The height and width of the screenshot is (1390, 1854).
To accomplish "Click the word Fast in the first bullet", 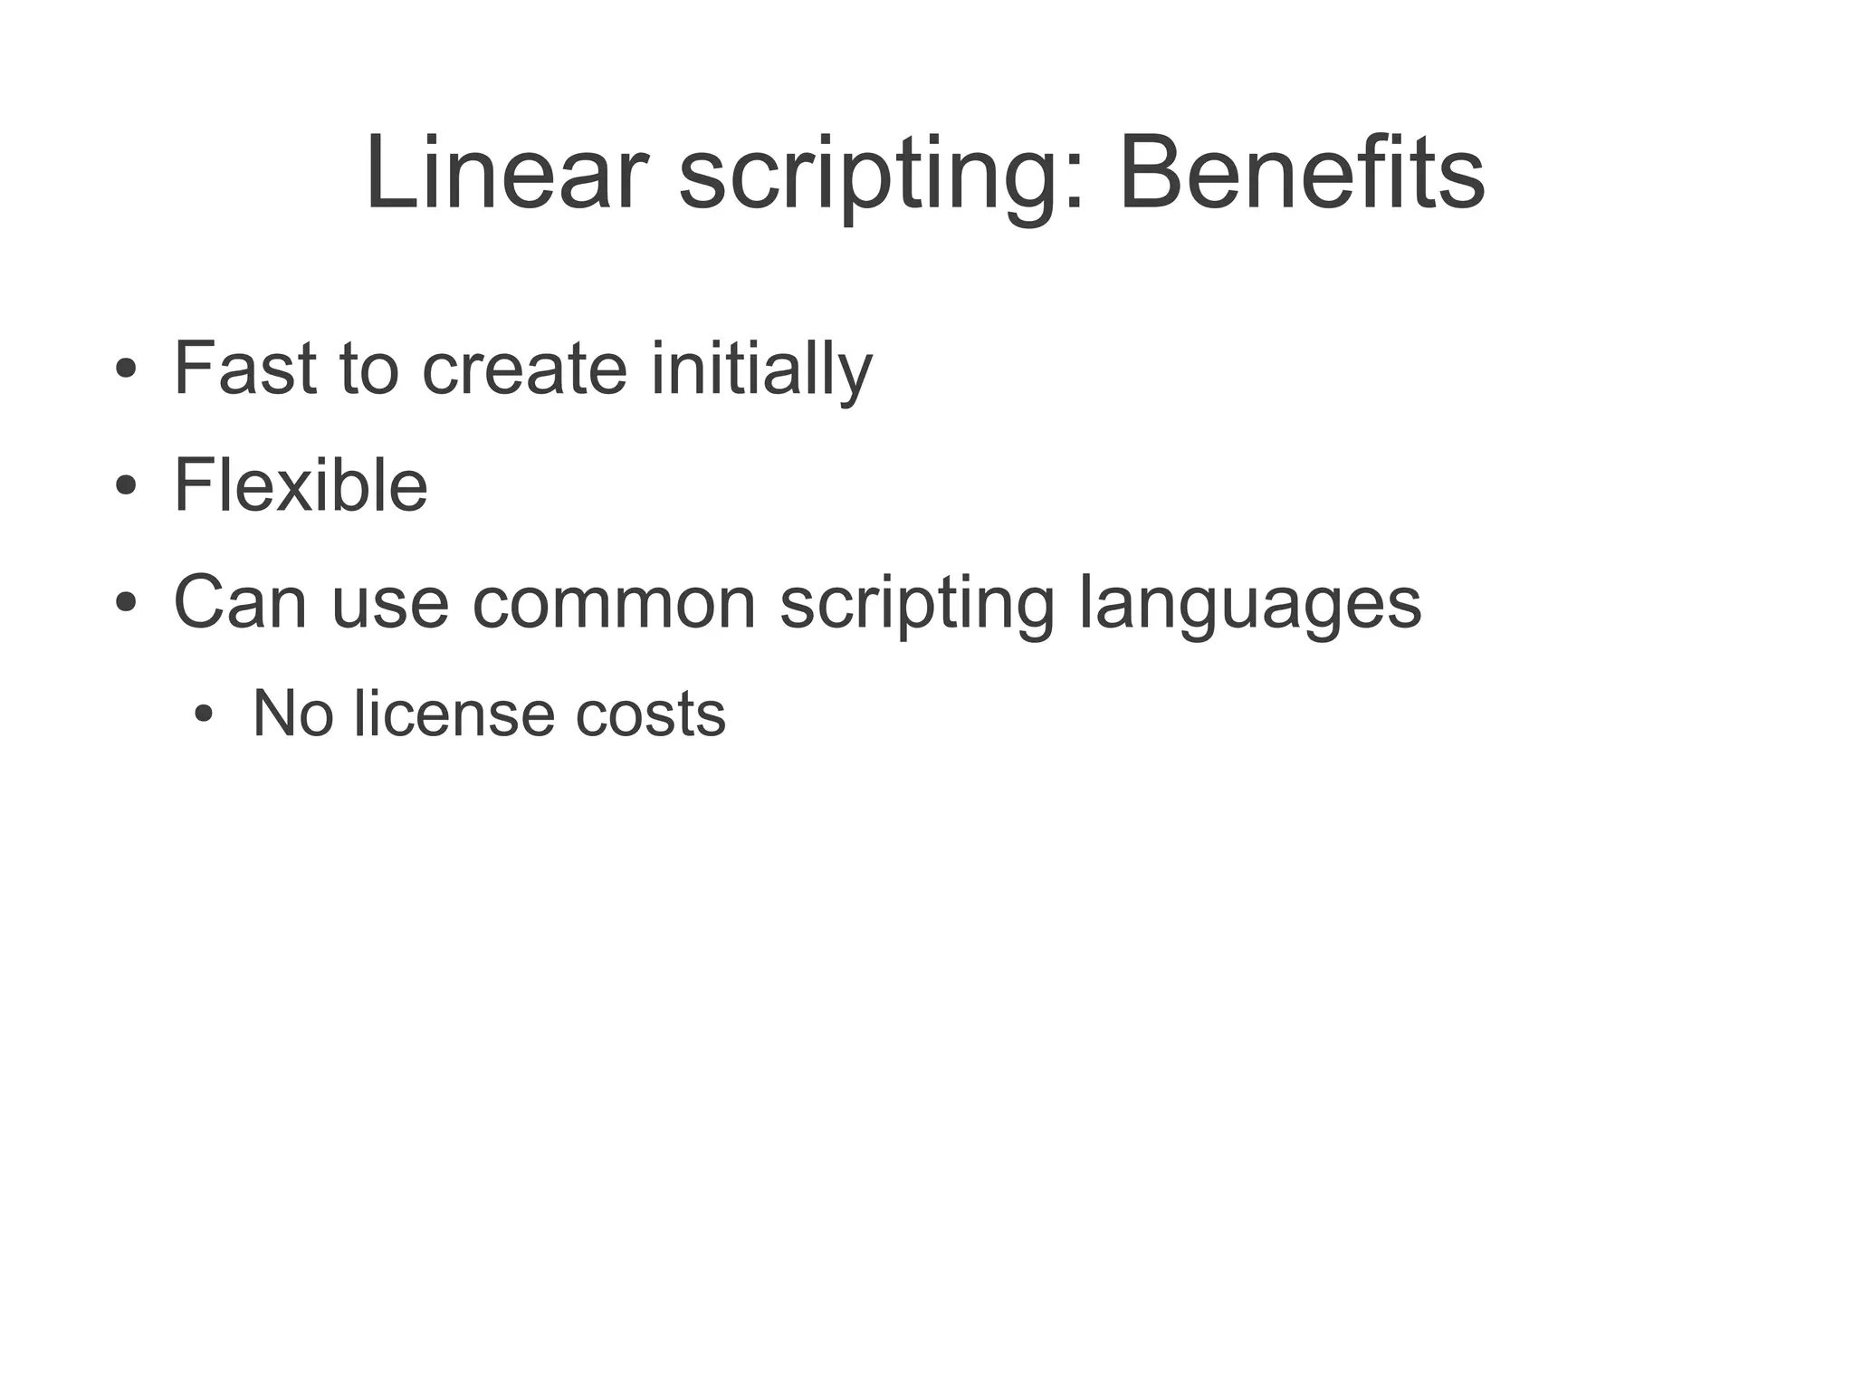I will tap(244, 368).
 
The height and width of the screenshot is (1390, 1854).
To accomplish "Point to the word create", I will tap(525, 369).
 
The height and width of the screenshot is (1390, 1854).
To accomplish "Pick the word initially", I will tap(761, 369).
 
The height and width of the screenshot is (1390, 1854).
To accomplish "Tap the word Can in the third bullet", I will tap(240, 601).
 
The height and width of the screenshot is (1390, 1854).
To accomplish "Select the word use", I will tap(390, 603).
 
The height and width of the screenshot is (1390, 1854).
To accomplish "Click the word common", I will tap(614, 603).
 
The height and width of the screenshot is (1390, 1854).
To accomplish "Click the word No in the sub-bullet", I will tap(292, 714).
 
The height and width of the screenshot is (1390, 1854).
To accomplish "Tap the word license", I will tap(454, 714).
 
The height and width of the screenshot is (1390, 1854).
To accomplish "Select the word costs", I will tap(650, 714).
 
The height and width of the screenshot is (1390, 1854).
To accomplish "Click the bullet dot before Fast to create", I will tap(126, 369).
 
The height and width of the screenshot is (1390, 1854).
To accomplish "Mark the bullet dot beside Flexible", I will tap(126, 485).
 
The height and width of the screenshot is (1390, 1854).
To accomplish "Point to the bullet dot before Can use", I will tap(126, 602).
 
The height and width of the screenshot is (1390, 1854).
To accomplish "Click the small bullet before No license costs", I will tap(204, 714).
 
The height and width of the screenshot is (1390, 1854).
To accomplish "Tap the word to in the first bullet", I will tap(369, 369).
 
